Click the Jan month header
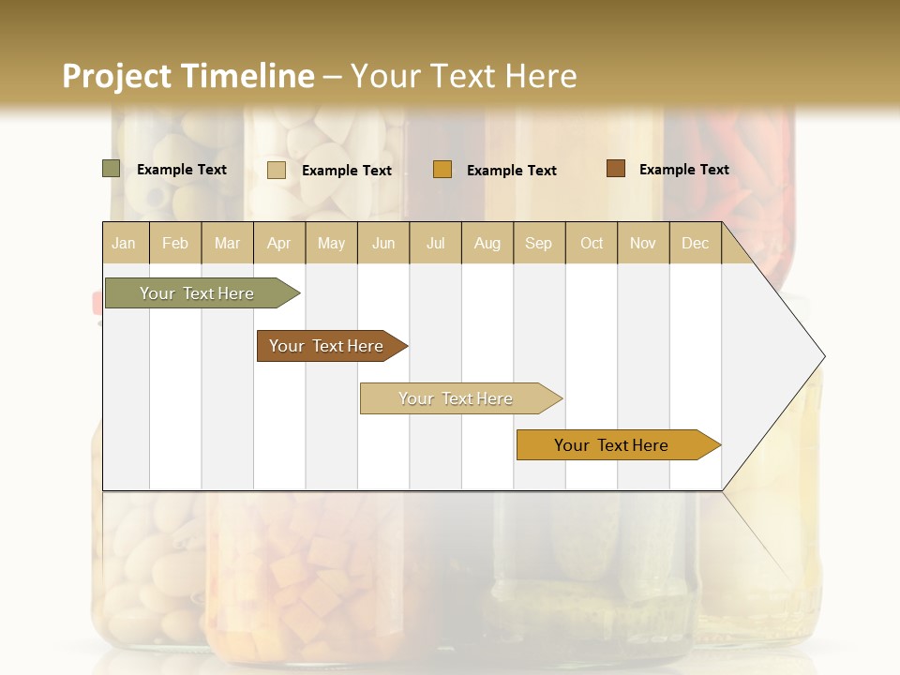[124, 243]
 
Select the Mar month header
[227, 243]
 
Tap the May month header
[331, 243]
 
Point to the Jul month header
[435, 243]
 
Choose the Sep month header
[538, 243]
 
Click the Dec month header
[695, 243]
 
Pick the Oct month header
[592, 243]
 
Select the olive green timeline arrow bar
[198, 293]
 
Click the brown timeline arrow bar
[327, 346]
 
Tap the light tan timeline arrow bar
[456, 398]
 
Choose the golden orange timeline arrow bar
[612, 445]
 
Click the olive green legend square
[112, 169]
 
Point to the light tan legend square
[277, 170]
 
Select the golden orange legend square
[442, 170]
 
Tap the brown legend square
[616, 169]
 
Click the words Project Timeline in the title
[188, 76]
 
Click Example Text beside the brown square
[683, 170]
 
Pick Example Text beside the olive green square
[182, 170]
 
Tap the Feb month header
[175, 243]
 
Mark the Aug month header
[487, 243]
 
